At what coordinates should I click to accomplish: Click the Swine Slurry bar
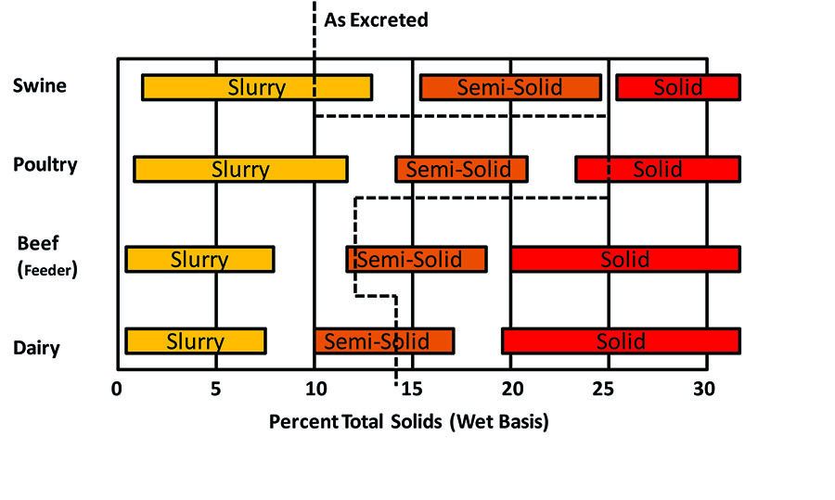point(257,87)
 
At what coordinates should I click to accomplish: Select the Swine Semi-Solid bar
point(510,87)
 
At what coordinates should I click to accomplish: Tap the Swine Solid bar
point(678,87)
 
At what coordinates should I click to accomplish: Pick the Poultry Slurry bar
point(240,169)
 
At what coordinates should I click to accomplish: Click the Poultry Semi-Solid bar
point(461,169)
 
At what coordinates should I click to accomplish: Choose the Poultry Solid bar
point(658,169)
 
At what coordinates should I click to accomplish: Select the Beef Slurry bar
point(199,259)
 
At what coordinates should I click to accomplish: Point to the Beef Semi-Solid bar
point(417,259)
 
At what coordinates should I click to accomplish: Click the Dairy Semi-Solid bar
point(384,340)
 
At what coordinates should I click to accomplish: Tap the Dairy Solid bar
point(621,340)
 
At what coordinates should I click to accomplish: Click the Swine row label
point(39,86)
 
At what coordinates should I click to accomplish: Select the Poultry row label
point(45,165)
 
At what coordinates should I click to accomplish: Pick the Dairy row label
point(36,349)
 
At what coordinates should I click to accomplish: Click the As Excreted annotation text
point(376,19)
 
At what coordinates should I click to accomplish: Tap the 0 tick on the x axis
point(117,389)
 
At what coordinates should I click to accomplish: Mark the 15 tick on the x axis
point(412,389)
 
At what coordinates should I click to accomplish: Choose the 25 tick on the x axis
point(609,389)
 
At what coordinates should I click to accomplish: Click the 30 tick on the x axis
point(704,389)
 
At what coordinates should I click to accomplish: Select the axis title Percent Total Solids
point(409,422)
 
